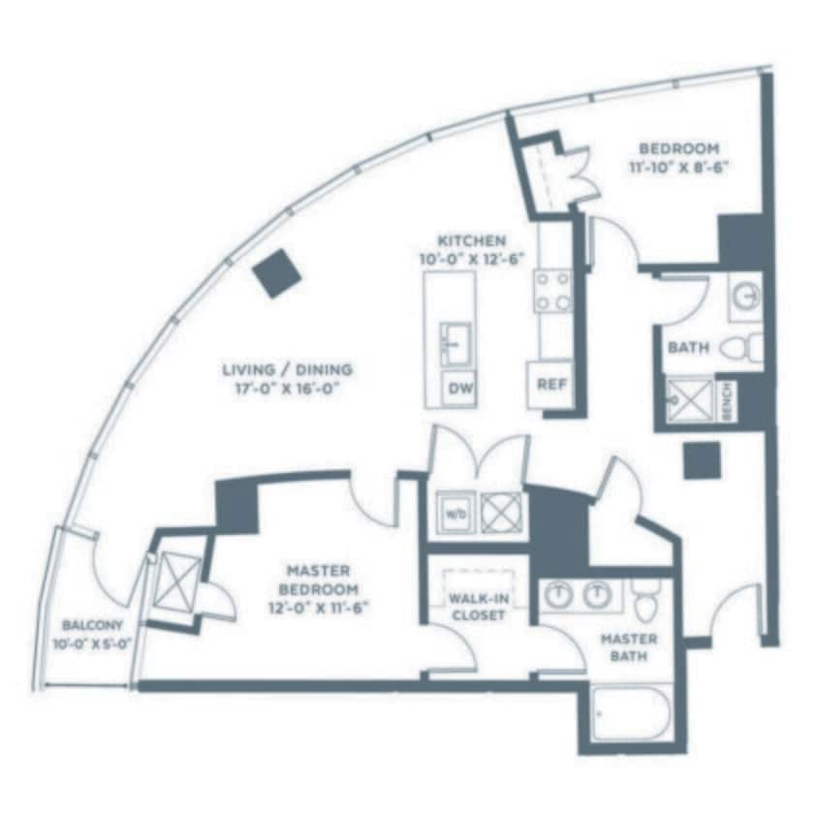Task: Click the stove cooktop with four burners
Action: click(x=553, y=291)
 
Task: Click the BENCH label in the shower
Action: click(x=728, y=400)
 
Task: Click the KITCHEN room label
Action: click(x=471, y=240)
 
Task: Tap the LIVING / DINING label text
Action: click(x=287, y=369)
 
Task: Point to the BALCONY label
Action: click(x=90, y=625)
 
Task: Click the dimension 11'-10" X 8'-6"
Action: click(x=678, y=166)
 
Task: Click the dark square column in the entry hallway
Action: click(x=701, y=460)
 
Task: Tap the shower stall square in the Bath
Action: click(x=689, y=400)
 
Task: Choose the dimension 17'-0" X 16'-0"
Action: click(x=287, y=388)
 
